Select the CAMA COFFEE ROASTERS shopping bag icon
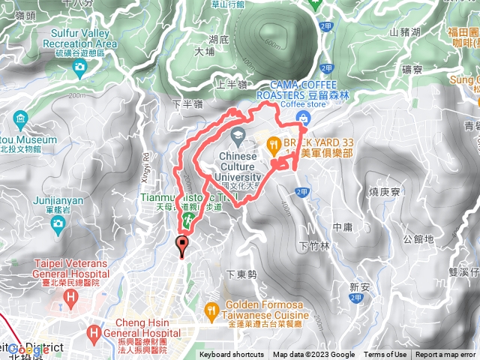pyautogui.click(x=301, y=117)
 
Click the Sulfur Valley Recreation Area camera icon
pyautogui.click(x=79, y=67)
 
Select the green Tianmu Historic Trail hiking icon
pyautogui.click(x=188, y=219)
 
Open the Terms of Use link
pyautogui.click(x=385, y=355)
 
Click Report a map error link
pyautogui.click(x=445, y=355)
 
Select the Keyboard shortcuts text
pyautogui.click(x=232, y=355)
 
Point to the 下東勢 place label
pyautogui.click(x=241, y=274)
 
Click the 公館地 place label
pyautogui.click(x=418, y=239)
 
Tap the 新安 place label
pyautogui.click(x=360, y=287)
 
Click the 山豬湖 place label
pyautogui.click(x=405, y=32)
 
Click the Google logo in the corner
pyautogui.click(x=28, y=349)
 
